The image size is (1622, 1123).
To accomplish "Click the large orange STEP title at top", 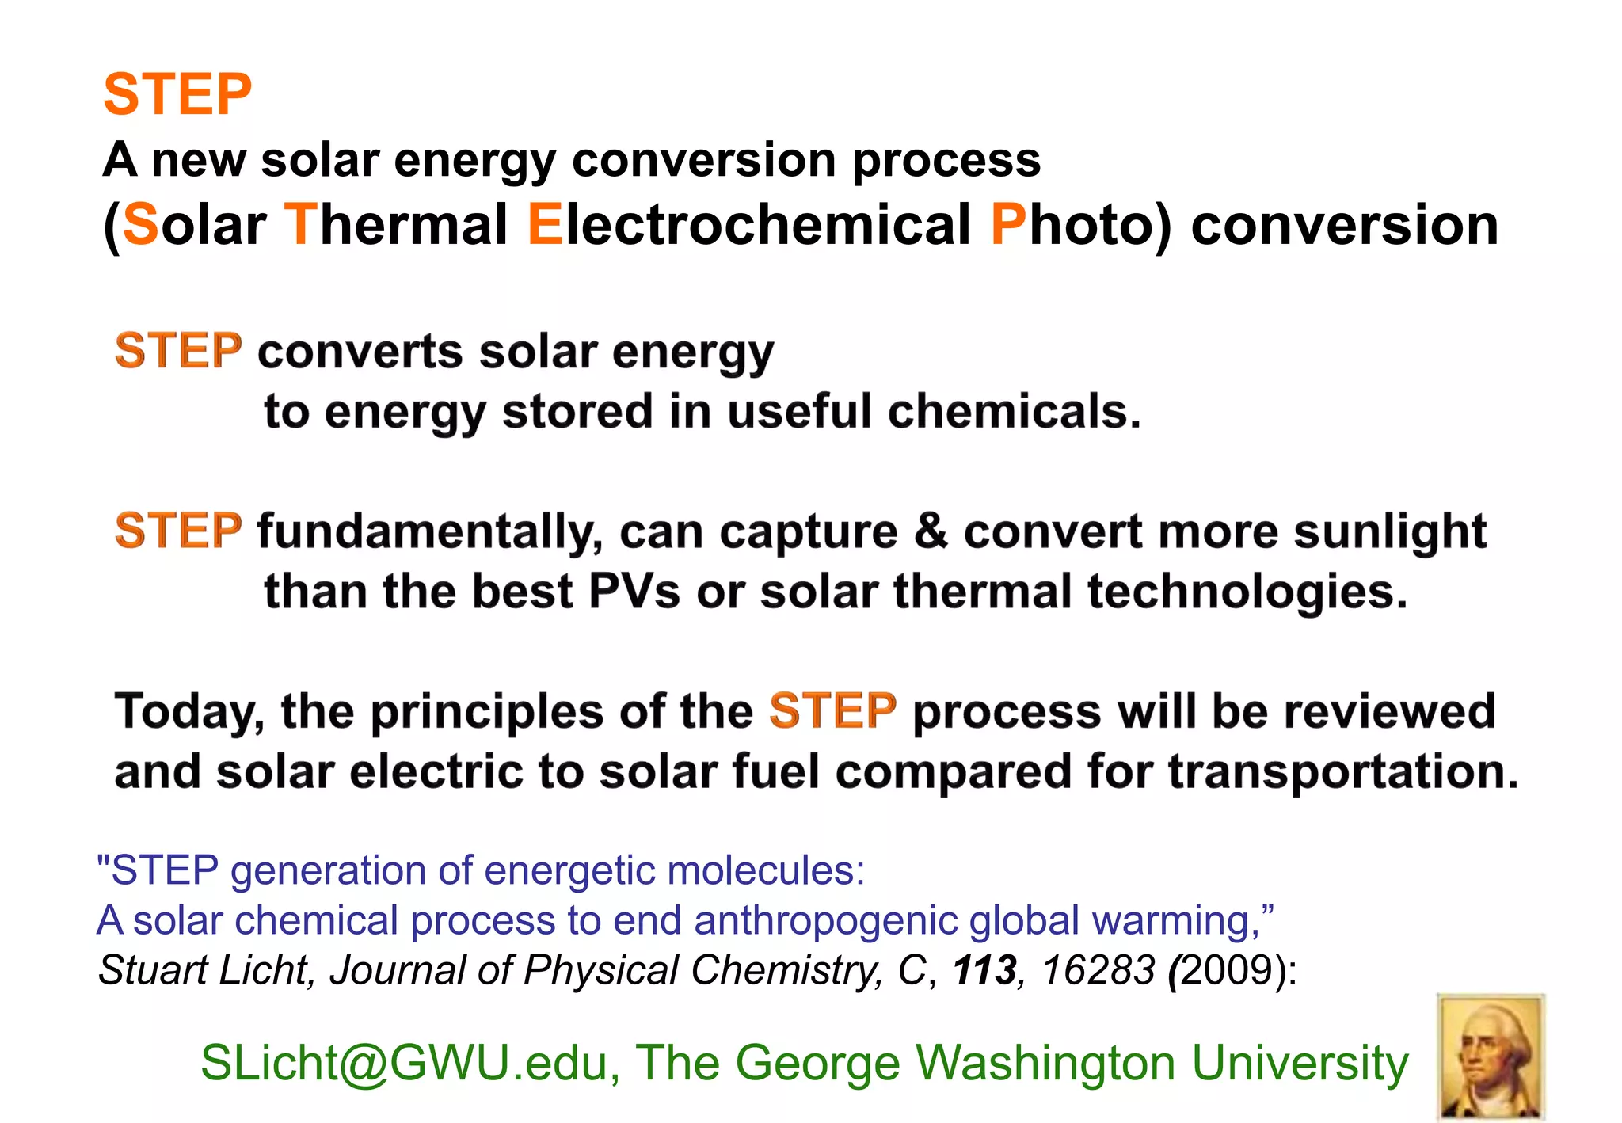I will (177, 95).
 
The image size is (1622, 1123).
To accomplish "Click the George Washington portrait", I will (1491, 1056).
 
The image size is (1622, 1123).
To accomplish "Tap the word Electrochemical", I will (748, 225).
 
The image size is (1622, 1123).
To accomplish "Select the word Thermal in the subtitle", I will (395, 225).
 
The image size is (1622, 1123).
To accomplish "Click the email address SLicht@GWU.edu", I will (409, 1063).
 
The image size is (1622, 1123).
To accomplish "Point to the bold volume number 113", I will (984, 970).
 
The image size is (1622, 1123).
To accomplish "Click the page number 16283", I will (1098, 970).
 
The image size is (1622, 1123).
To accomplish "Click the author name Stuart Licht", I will (206, 970).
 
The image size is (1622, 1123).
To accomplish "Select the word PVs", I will (634, 592).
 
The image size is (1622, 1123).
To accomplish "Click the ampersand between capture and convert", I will (931, 531).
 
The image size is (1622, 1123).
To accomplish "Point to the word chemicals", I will (1014, 412).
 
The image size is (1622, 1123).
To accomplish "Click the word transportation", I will (1342, 772).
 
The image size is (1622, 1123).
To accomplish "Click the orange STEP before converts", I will (178, 351).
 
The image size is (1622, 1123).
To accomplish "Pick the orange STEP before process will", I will (832, 710).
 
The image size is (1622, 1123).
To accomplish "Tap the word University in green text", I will (1300, 1063).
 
